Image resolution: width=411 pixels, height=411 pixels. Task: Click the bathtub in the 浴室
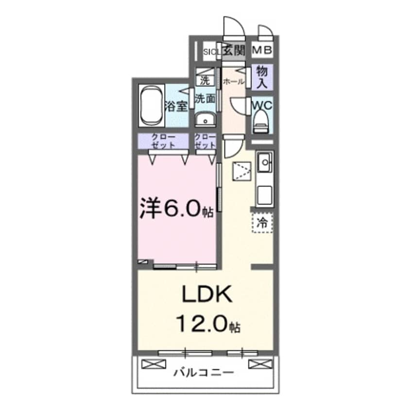click(151, 106)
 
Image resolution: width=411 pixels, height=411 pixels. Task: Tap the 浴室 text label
click(176, 106)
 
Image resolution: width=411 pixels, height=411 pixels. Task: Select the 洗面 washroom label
click(205, 99)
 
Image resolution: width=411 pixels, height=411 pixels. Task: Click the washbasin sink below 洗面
click(205, 119)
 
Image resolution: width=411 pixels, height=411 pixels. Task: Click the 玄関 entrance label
click(234, 50)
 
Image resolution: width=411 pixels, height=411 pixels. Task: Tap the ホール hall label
click(234, 82)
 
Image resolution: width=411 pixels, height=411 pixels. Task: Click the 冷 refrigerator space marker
click(262, 223)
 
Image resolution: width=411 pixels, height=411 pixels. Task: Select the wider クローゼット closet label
click(163, 141)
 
